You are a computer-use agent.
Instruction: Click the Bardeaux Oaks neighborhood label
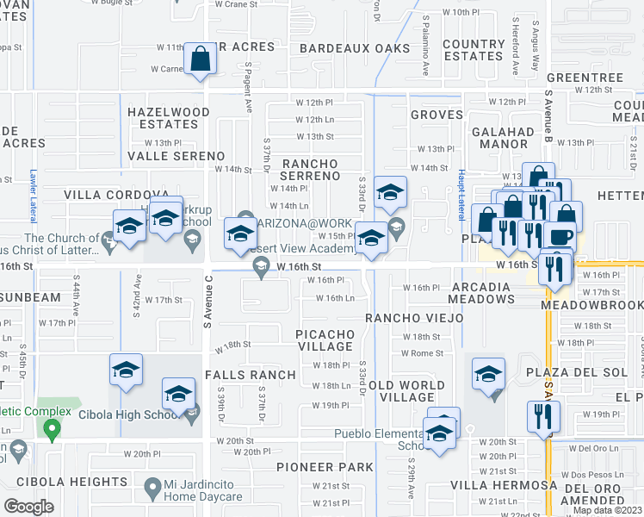356,48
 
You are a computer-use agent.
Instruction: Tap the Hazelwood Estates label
169,118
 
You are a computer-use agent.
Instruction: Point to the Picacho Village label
324,339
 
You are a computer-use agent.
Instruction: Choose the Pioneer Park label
325,467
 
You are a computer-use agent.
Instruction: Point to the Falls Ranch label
250,375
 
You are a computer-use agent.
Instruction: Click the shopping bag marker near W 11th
201,59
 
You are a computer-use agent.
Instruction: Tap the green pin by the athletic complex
52,427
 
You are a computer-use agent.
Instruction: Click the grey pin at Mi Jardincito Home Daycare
153,488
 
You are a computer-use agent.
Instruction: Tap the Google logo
29,506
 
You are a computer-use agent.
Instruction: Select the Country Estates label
474,50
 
